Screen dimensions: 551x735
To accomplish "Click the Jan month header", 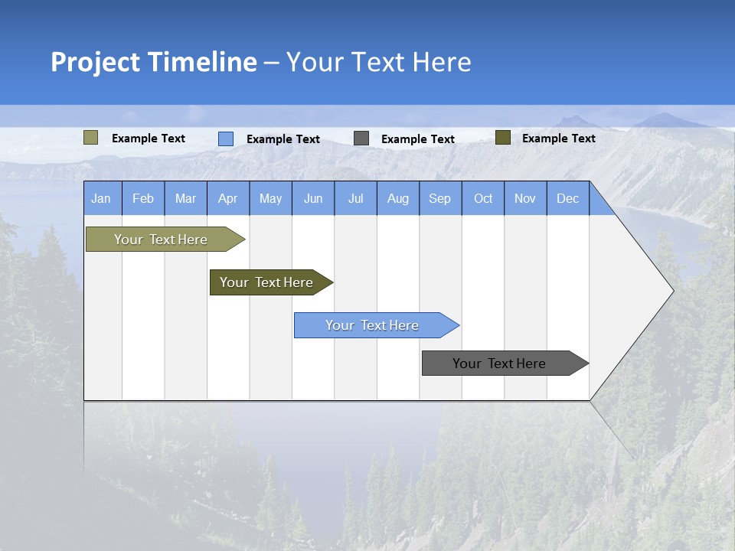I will click(101, 198).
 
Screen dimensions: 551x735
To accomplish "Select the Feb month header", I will click(143, 198).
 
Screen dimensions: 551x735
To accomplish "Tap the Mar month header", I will click(185, 198).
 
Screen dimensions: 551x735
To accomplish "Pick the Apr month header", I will click(227, 198).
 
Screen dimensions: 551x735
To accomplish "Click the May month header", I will click(270, 198).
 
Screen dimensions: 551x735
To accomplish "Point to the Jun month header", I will click(313, 198).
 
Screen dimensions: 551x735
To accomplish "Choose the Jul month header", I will click(355, 198).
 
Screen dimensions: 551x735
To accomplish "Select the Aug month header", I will click(398, 198).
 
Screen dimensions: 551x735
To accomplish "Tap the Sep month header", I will click(440, 198).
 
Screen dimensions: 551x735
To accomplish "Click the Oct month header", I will click(483, 198).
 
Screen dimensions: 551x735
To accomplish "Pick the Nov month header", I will click(525, 198).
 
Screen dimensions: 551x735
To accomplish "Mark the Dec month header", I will click(568, 198).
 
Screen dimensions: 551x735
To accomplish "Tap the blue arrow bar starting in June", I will click(373, 325).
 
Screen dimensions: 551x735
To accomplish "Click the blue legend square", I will click(226, 139).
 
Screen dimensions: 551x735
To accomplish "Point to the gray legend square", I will click(361, 139).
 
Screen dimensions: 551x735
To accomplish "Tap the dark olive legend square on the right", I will click(503, 138).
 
